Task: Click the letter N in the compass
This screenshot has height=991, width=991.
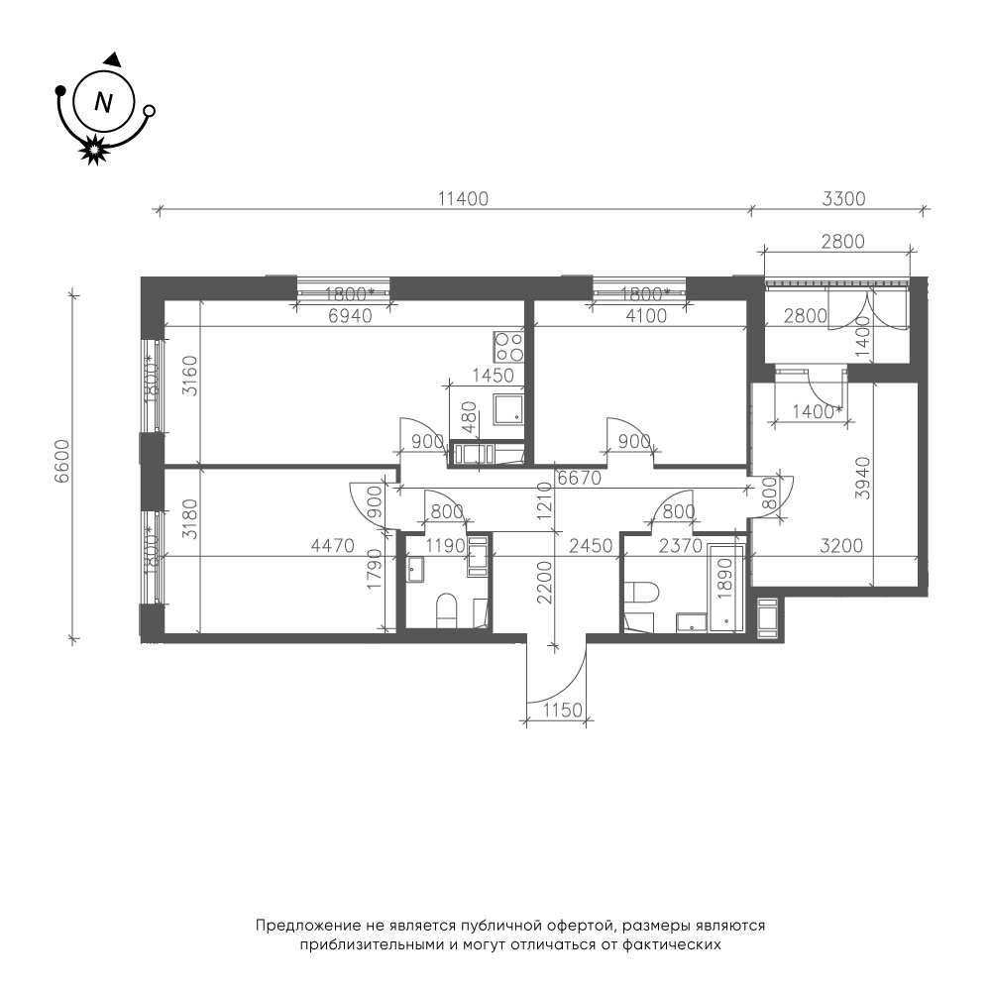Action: [103, 101]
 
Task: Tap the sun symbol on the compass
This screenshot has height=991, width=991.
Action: [93, 151]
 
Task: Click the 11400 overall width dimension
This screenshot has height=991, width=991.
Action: [463, 199]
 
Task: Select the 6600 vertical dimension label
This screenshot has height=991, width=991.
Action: [61, 462]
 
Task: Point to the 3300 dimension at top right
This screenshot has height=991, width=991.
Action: [843, 199]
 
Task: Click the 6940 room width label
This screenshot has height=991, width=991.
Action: [351, 315]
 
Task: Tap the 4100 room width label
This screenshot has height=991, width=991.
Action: [645, 315]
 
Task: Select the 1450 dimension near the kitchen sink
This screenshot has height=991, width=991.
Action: [494, 376]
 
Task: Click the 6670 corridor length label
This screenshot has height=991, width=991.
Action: [579, 479]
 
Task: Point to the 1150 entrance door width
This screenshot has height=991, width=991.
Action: [563, 711]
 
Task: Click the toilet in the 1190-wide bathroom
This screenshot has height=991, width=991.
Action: [447, 610]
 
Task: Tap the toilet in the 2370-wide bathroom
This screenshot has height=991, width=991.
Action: [642, 593]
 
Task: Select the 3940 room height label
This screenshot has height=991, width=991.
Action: [863, 479]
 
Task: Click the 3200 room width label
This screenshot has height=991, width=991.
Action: [841, 545]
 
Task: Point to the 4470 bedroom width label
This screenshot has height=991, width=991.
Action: [333, 545]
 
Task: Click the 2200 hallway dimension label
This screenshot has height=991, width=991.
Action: [544, 583]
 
